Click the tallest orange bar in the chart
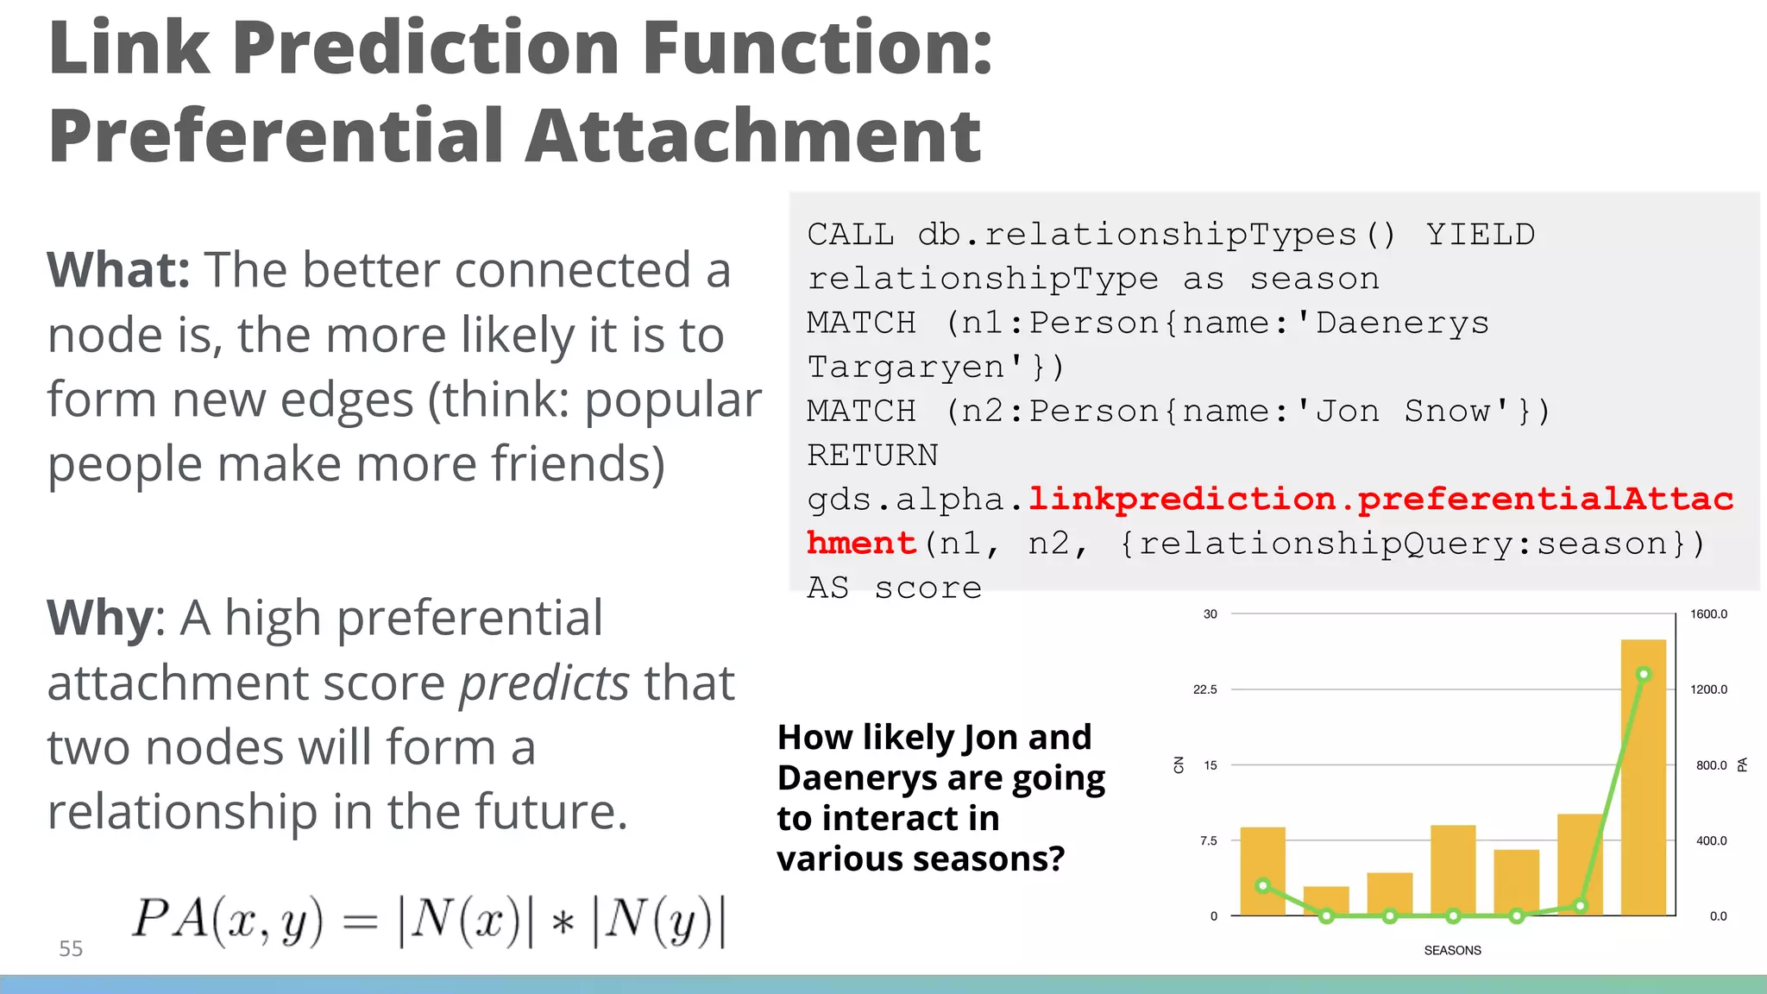tap(1643, 777)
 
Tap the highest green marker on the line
tap(1644, 674)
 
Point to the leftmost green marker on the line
tap(1263, 885)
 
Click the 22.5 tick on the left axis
tap(1204, 689)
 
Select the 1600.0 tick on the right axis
tap(1708, 614)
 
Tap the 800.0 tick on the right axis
tap(1711, 765)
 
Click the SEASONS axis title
tap(1452, 950)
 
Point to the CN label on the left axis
tap(1179, 764)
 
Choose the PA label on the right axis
tap(1742, 764)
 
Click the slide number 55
tap(71, 948)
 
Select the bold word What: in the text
tap(118, 270)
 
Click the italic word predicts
tap(544, 683)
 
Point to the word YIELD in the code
tap(1480, 235)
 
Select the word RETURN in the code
tap(872, 455)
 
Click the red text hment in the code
tap(861, 544)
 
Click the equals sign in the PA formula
tap(360, 921)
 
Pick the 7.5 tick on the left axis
tap(1208, 840)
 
